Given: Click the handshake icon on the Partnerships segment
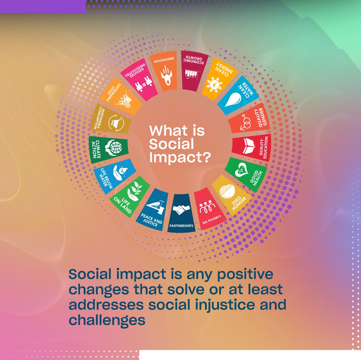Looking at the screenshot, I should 181,210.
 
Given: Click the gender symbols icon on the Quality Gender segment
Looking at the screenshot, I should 246,122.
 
